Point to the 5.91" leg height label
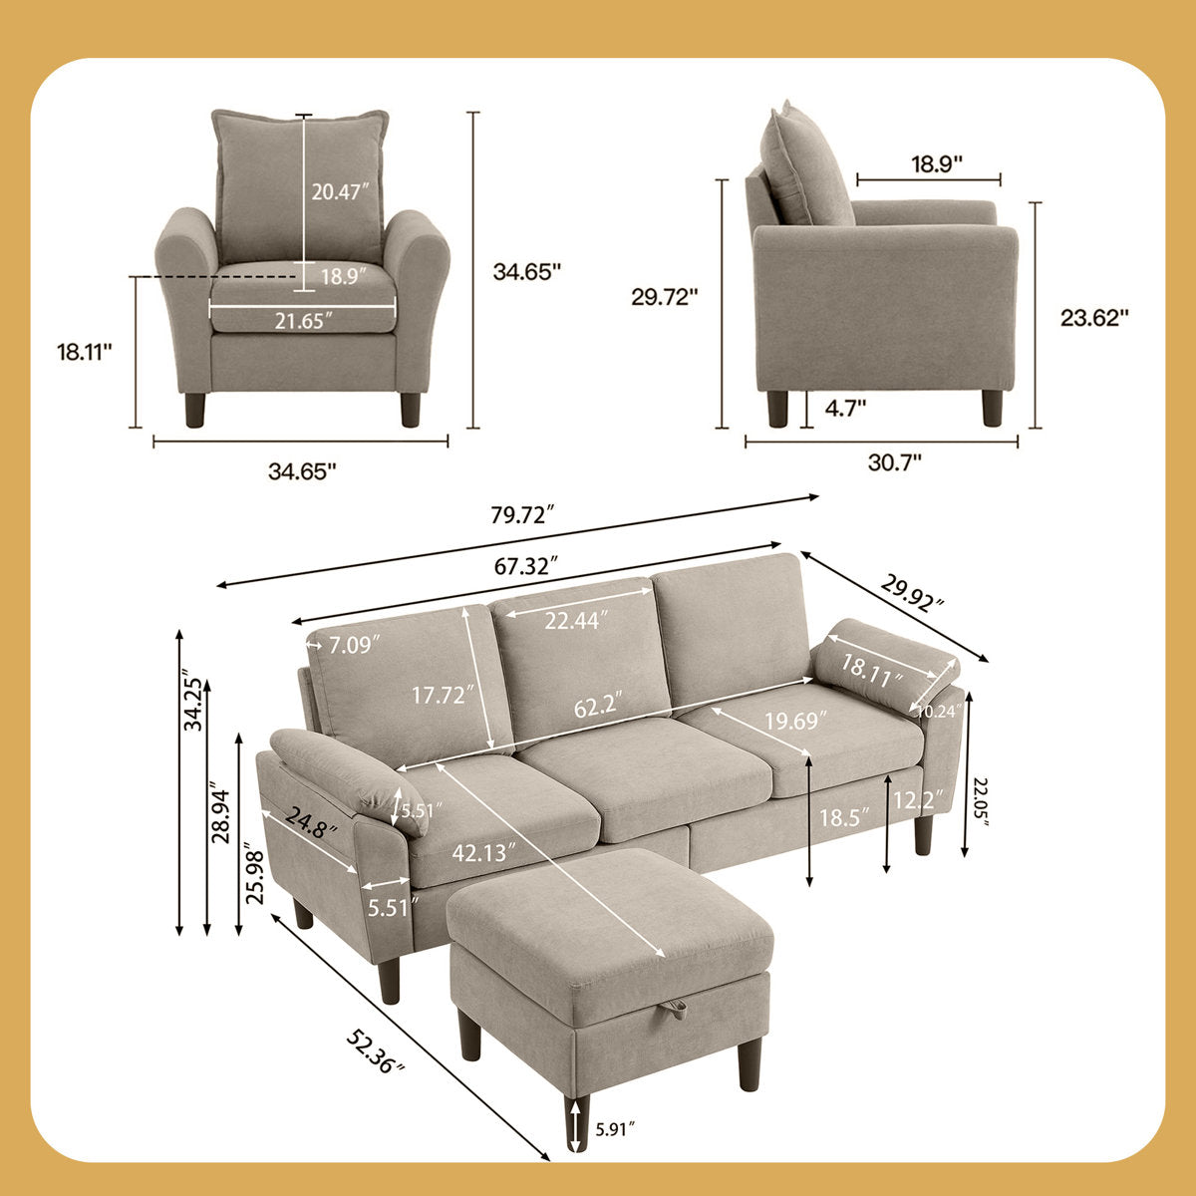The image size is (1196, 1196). pos(616,1129)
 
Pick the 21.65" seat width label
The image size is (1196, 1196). pos(302,319)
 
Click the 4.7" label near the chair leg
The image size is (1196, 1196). pos(845,406)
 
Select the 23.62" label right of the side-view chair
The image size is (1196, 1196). pos(1094,317)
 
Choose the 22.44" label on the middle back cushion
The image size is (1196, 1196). pos(577,621)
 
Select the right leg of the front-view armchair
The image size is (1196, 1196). pos(410,409)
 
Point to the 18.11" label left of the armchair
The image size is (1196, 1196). pos(85,351)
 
